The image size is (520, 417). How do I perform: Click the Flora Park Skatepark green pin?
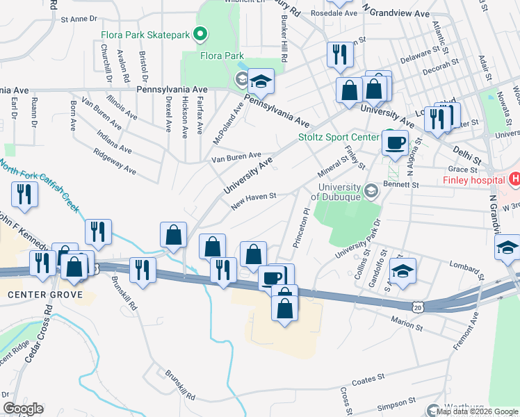click(200, 33)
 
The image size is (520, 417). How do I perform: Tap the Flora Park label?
click(222, 55)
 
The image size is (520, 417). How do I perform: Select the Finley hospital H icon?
click(514, 179)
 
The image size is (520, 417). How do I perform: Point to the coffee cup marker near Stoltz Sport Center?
click(395, 143)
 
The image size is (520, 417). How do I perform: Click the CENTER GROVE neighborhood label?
click(45, 295)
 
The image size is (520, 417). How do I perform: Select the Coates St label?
click(368, 379)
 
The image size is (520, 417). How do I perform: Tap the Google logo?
click(23, 409)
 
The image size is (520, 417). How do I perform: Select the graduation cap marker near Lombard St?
click(403, 270)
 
